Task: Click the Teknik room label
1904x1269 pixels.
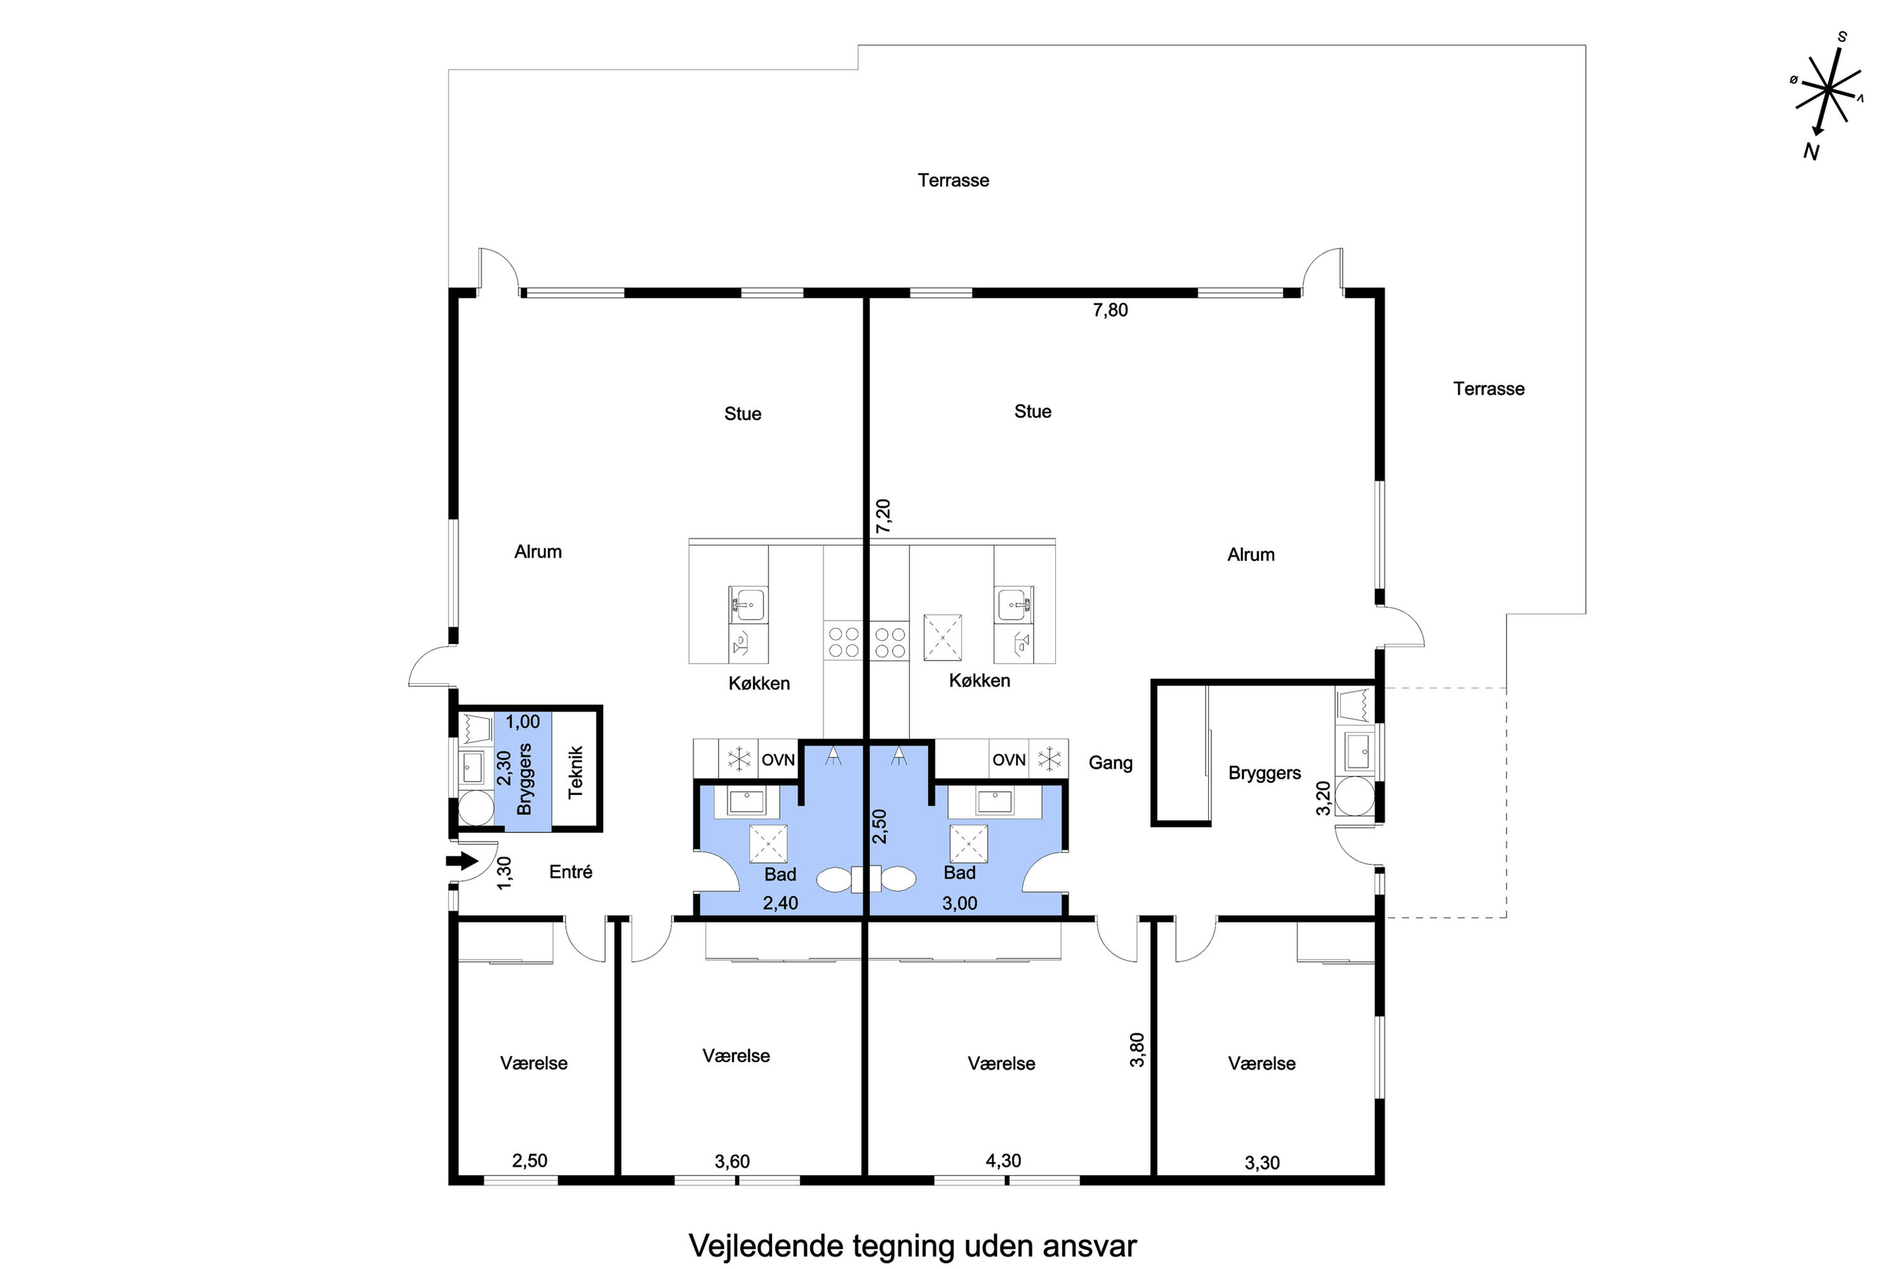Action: coord(575,772)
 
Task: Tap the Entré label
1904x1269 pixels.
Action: coord(571,872)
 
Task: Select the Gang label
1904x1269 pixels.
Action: coord(1110,763)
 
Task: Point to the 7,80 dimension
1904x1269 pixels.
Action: coord(1110,310)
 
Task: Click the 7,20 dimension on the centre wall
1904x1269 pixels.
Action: coord(883,516)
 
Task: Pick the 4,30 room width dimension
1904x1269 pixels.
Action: coord(1003,1160)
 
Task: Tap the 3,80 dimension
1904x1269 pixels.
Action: coord(1137,1050)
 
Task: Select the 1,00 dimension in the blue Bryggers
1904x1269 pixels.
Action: coord(522,722)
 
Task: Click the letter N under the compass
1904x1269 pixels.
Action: coord(1811,152)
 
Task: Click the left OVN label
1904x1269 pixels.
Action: coord(778,760)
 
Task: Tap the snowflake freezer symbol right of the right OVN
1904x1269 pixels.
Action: coord(1049,759)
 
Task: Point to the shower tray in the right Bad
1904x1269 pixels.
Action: coord(968,844)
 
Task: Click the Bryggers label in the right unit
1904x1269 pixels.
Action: coord(1265,773)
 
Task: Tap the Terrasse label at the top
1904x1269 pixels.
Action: coord(953,180)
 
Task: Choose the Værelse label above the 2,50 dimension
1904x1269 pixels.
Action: coord(534,1063)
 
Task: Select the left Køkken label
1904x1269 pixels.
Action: coord(759,683)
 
